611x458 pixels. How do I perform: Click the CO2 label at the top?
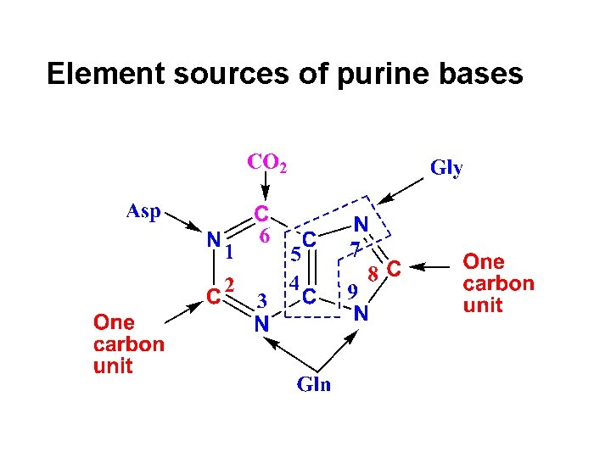(266, 161)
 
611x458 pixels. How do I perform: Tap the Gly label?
(446, 168)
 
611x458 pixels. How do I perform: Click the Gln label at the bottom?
(313, 384)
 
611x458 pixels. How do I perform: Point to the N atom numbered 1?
(215, 240)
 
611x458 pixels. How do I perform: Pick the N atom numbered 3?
(262, 323)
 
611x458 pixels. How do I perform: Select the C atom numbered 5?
(310, 240)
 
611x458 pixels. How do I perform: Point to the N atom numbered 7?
(360, 225)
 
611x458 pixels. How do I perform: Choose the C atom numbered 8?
(392, 269)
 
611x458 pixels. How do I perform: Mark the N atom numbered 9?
(361, 313)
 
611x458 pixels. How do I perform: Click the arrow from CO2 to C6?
(265, 184)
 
